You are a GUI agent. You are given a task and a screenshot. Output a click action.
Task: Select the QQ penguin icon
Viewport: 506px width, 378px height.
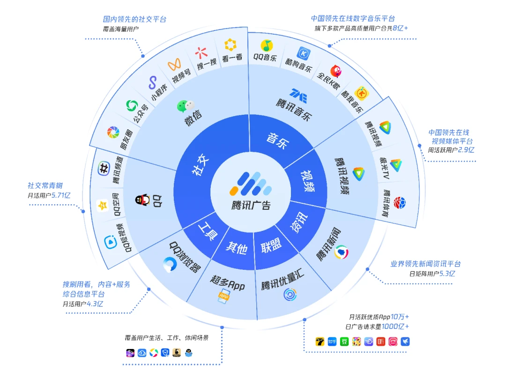click(x=143, y=200)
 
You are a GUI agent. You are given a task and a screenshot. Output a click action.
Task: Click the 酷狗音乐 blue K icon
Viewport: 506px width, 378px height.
click(x=305, y=53)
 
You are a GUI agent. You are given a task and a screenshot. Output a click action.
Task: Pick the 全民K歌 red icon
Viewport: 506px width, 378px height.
click(x=336, y=71)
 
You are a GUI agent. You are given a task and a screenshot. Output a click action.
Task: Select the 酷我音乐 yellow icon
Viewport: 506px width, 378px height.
click(x=361, y=93)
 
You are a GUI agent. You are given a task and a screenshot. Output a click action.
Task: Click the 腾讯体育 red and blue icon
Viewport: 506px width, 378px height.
click(x=400, y=203)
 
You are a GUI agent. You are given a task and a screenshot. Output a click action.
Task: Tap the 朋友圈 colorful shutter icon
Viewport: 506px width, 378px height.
click(x=113, y=132)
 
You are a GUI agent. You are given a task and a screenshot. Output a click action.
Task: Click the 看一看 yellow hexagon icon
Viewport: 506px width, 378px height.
click(x=230, y=45)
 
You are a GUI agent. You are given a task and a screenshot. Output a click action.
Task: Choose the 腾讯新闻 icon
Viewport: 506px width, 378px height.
click(x=342, y=252)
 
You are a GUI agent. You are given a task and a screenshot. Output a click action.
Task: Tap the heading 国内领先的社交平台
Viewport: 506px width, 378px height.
click(x=134, y=20)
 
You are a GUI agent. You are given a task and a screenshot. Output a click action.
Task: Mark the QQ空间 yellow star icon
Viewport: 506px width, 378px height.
click(x=102, y=205)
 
